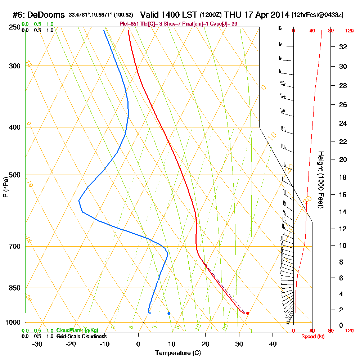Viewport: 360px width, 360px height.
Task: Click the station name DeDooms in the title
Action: (x=46, y=15)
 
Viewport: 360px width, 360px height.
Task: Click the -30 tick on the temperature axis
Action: (x=37, y=344)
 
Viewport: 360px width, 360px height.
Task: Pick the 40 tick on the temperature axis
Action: (x=273, y=344)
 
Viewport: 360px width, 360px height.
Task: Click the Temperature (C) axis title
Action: (x=178, y=353)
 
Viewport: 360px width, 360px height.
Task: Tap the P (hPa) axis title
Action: (x=5, y=187)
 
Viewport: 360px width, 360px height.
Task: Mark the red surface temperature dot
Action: (x=247, y=313)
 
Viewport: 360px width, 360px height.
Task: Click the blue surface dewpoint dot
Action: (x=169, y=313)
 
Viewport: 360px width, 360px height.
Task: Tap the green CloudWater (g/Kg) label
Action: (x=77, y=330)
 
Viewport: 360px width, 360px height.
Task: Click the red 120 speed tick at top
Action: (x=349, y=31)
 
